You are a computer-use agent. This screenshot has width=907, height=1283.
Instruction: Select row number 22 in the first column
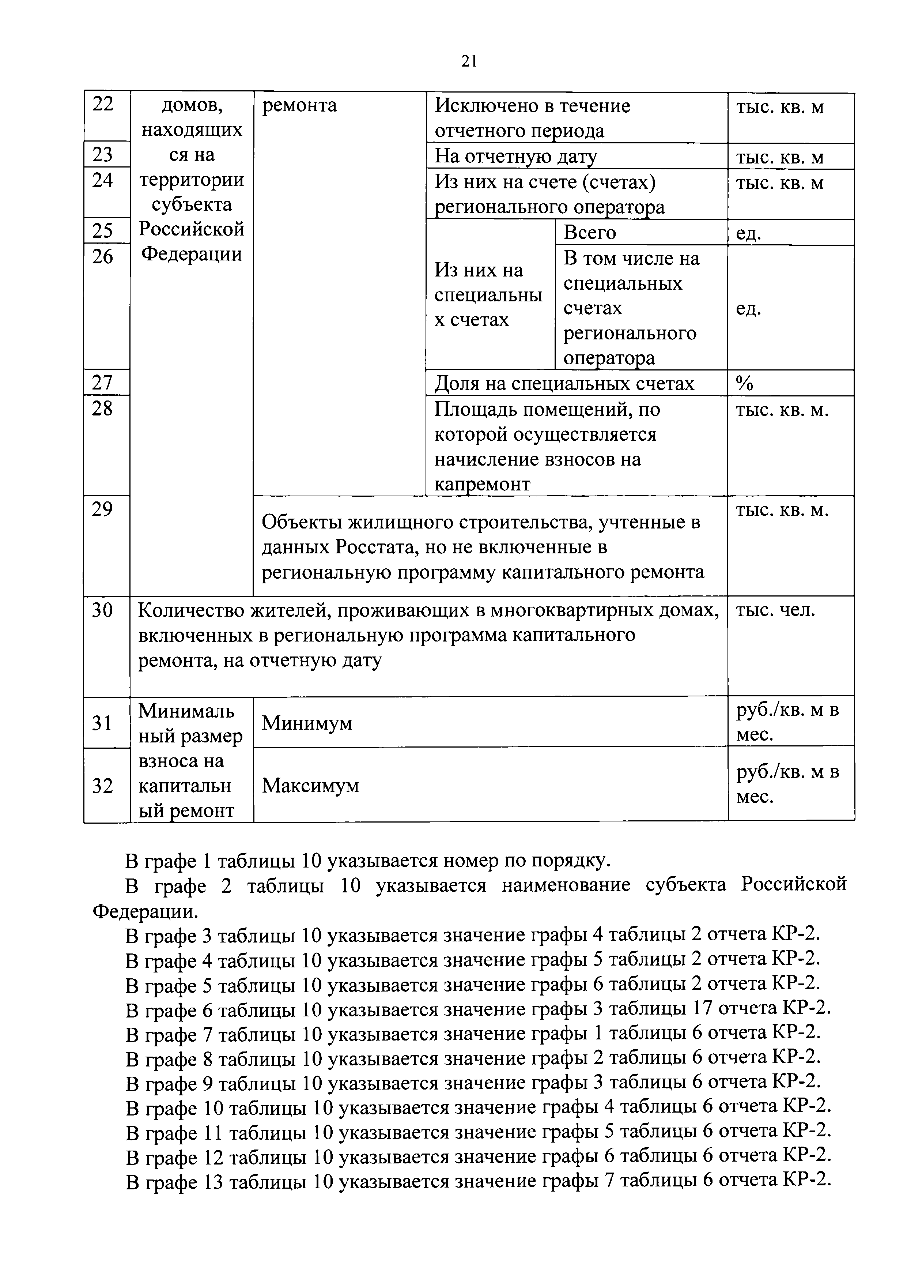pos(103,104)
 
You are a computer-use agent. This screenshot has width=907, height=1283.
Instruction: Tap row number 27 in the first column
pos(103,383)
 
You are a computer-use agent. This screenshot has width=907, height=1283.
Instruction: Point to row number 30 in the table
pos(103,610)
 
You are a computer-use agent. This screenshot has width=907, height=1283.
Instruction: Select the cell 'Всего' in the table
pos(590,233)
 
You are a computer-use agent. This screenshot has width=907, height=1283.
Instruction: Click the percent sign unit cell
pos(744,383)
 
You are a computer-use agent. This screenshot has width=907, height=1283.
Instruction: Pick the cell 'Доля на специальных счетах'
pos(564,383)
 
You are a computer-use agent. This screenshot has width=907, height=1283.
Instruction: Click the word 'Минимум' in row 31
pos(307,723)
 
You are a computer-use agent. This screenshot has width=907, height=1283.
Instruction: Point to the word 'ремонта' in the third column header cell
pos(299,105)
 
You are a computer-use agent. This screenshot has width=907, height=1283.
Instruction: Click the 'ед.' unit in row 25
pos(748,233)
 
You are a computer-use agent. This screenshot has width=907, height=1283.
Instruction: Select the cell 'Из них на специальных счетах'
pos(488,295)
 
